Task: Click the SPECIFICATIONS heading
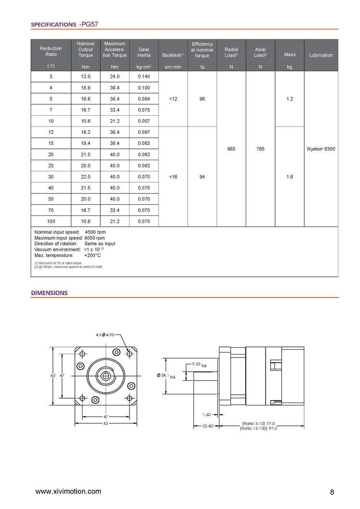point(53,24)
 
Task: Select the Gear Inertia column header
point(144,52)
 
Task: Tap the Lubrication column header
point(321,55)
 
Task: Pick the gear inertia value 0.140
point(144,77)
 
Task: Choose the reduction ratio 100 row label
point(51,222)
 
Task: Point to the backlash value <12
point(173,99)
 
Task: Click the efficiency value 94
point(202,177)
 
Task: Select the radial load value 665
point(231,149)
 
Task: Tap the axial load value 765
point(260,149)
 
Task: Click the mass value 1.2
point(289,99)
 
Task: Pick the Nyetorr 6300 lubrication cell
point(321,149)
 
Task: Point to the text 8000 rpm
point(95,238)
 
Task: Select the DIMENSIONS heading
point(49,293)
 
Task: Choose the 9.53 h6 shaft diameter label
point(199,365)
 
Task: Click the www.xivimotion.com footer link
point(69,491)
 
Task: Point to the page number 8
point(332,492)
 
